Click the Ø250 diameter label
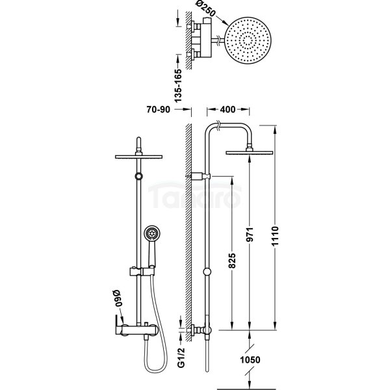(205, 9)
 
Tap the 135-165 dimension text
(178, 86)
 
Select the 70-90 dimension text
(158, 109)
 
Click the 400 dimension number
(228, 109)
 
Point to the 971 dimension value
(250, 234)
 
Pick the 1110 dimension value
(275, 236)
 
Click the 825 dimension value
(231, 261)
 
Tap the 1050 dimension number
(250, 359)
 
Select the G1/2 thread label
(181, 357)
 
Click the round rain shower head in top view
(248, 40)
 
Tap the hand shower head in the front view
(152, 233)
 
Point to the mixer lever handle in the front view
(118, 325)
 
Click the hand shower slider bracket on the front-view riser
(142, 271)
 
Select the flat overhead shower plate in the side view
(249, 153)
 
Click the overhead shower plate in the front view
(139, 157)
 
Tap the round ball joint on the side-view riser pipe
(207, 272)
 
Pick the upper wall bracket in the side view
(198, 176)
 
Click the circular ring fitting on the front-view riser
(139, 176)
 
